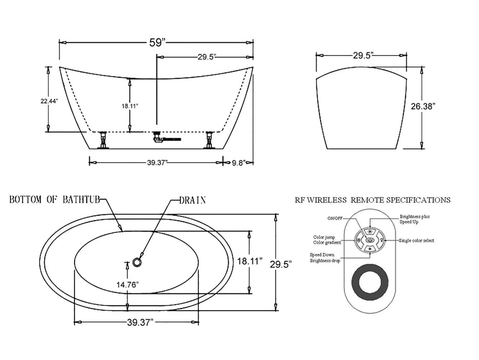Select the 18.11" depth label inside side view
tap(130, 106)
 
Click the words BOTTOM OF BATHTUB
tap(54, 200)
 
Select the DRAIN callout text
tap(193, 200)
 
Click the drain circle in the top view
tap(137, 262)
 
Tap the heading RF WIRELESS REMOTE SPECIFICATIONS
tap(373, 200)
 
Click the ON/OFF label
tap(334, 218)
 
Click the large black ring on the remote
tap(371, 281)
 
